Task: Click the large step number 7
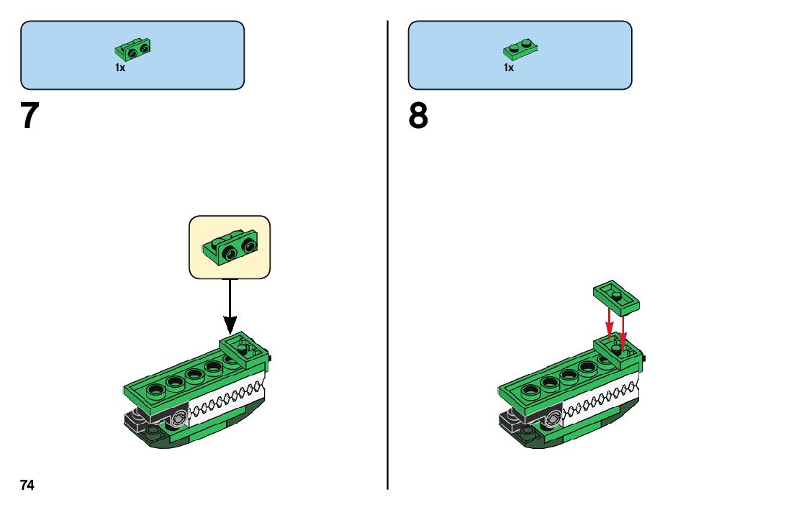(x=29, y=116)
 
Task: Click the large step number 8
(x=418, y=116)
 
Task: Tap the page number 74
(x=27, y=485)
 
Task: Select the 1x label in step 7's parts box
(x=120, y=68)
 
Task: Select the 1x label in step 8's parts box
(x=508, y=68)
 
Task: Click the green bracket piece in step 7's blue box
(x=133, y=50)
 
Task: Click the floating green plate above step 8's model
(x=618, y=296)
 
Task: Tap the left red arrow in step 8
(x=610, y=324)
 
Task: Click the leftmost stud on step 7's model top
(x=155, y=391)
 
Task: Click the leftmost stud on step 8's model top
(x=530, y=391)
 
